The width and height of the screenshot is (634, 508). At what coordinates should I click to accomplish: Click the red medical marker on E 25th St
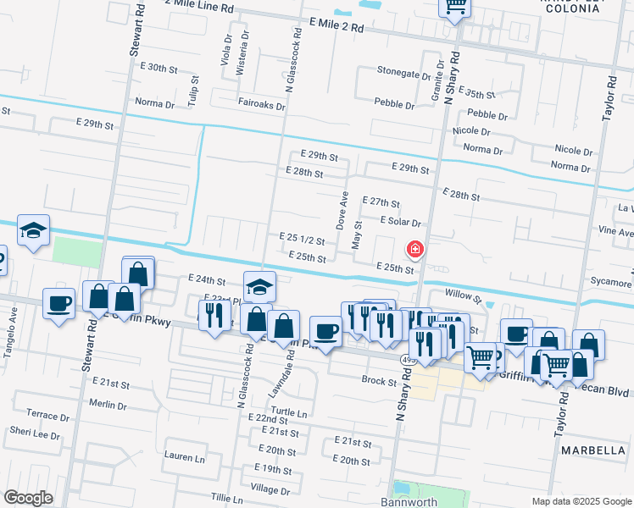[415, 249]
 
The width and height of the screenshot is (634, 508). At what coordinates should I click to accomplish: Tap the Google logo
[28, 498]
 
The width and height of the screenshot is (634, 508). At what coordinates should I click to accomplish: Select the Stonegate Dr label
[403, 73]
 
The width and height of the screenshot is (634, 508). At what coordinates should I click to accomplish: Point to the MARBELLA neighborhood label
[592, 450]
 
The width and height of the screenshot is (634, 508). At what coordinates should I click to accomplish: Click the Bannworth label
[409, 502]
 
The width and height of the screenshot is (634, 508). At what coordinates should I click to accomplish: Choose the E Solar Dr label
[401, 221]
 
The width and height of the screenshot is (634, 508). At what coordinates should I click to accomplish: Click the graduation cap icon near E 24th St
[260, 286]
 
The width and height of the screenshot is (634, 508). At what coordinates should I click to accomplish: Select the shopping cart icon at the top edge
[455, 7]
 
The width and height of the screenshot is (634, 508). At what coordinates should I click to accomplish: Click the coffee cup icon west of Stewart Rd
[58, 303]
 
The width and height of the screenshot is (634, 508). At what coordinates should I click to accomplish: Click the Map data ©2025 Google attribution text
[581, 500]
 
